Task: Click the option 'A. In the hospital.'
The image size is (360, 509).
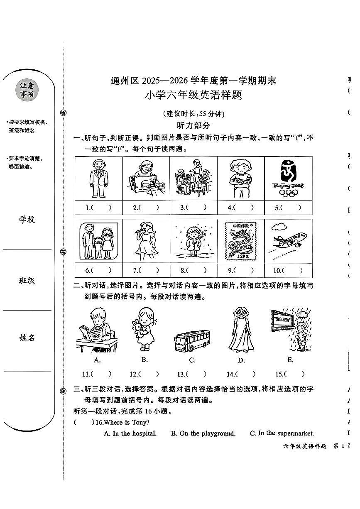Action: pos(130,433)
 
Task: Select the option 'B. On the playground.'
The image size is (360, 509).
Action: pos(203,433)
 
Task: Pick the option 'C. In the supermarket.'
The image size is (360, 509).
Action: pos(282,433)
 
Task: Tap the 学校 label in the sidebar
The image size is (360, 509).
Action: pos(27,219)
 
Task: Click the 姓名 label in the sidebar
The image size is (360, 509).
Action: pos(27,338)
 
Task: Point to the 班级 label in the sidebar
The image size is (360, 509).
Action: pos(27,281)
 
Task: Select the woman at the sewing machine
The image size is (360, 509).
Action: pos(147,178)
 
